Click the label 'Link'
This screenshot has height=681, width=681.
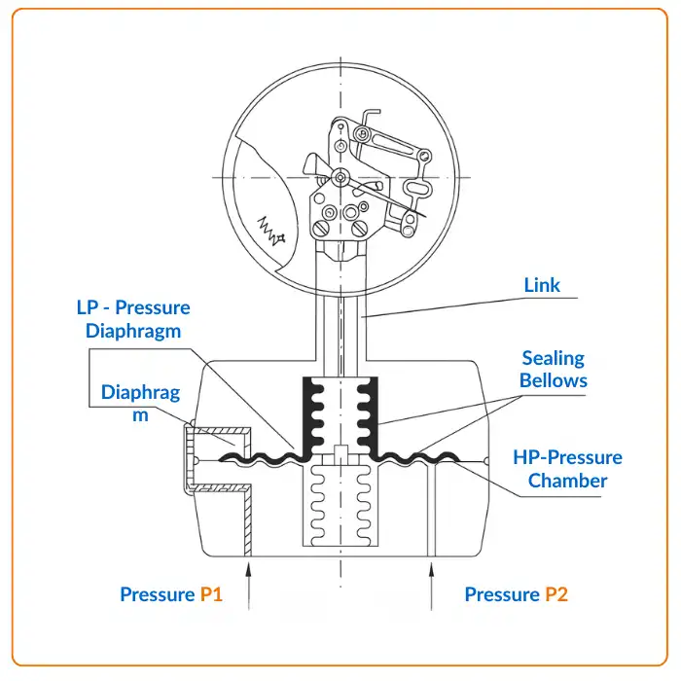[542, 285]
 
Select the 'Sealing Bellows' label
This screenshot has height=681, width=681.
[553, 369]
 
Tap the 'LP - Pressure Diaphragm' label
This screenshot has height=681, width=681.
[133, 318]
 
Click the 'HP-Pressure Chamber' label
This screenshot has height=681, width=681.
[568, 469]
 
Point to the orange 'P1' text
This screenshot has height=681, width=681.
[211, 594]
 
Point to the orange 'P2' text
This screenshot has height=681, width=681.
[556, 594]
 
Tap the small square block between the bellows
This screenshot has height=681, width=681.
[340, 452]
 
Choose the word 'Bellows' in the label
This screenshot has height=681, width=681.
[553, 379]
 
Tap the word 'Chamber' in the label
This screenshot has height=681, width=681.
[568, 481]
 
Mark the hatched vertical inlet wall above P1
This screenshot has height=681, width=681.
[247, 520]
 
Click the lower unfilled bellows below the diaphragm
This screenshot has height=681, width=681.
[340, 506]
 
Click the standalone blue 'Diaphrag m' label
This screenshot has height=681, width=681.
[140, 403]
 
